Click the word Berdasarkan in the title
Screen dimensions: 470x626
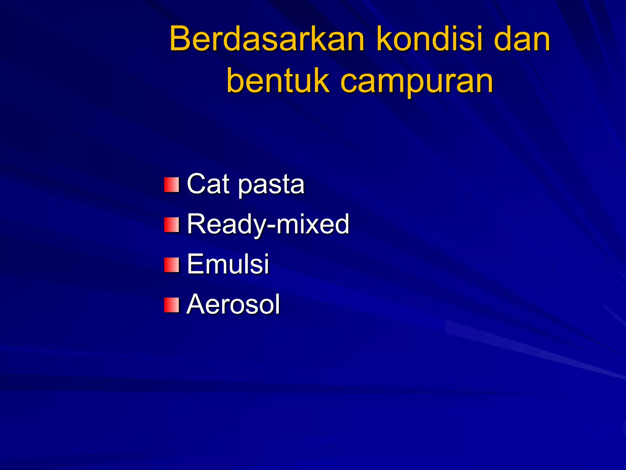coord(267,39)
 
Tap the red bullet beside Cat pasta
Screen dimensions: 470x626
coord(171,185)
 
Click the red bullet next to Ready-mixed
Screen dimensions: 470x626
coord(171,225)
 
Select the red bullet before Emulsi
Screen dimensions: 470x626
coord(171,265)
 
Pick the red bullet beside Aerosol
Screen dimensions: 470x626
coord(171,305)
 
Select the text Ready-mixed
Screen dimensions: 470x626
coord(268,224)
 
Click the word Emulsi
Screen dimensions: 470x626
coord(228,264)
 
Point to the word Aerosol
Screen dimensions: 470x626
coord(233,304)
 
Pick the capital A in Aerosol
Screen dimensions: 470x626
coord(196,304)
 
